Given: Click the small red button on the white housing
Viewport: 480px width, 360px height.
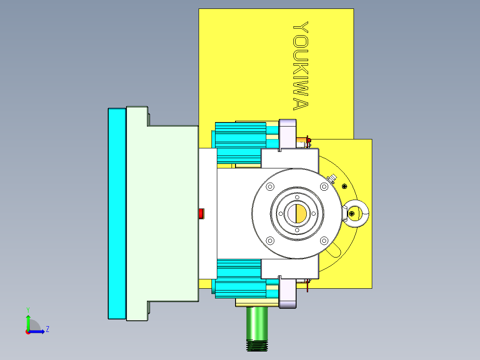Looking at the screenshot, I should pyautogui.click(x=201, y=214).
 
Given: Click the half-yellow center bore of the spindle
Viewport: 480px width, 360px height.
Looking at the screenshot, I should pyautogui.click(x=297, y=213).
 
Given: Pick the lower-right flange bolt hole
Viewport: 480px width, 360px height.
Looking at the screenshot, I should pyautogui.click(x=324, y=241).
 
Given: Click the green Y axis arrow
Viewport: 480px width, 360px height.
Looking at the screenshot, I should pyautogui.click(x=28, y=322).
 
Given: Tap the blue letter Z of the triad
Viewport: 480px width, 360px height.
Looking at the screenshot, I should pyautogui.click(x=47, y=329).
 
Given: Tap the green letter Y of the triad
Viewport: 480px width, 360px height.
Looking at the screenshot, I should pyautogui.click(x=28, y=309).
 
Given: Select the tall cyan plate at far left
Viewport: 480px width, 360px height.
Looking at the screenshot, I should pyautogui.click(x=117, y=213).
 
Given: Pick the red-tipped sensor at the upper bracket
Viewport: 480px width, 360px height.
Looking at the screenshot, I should pyautogui.click(x=308, y=141).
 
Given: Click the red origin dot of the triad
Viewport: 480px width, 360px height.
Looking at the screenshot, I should pyautogui.click(x=28, y=332).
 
